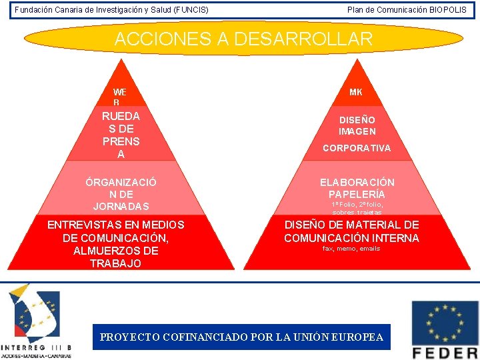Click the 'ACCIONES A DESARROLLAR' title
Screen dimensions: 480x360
(243, 39)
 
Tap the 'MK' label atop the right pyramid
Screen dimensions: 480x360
(355, 93)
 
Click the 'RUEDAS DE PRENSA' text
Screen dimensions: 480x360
(121, 135)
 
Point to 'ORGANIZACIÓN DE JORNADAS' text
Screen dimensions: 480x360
(121, 193)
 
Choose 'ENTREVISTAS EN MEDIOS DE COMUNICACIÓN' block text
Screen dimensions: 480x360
(116, 231)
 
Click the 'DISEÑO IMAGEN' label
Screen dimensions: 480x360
(357, 125)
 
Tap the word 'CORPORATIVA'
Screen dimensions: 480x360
(357, 148)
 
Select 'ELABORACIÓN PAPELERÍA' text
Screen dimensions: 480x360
(357, 187)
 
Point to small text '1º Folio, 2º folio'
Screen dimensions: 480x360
(357, 204)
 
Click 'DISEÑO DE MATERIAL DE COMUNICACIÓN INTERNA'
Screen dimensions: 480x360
(351, 231)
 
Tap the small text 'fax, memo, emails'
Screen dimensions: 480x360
(351, 249)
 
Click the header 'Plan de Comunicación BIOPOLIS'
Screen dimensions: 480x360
(407, 10)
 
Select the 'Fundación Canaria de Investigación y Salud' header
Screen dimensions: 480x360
(111, 10)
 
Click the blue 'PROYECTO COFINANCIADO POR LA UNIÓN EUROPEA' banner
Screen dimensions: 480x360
(241, 337)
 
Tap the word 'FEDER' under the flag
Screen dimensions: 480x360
(445, 352)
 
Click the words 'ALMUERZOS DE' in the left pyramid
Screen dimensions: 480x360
(116, 251)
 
